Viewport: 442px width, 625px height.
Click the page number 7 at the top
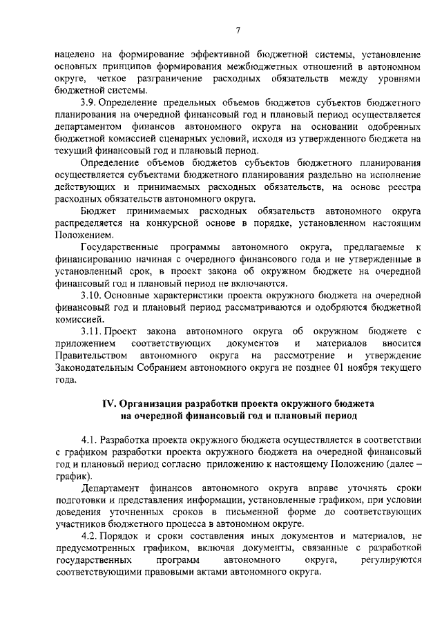click(238, 29)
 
